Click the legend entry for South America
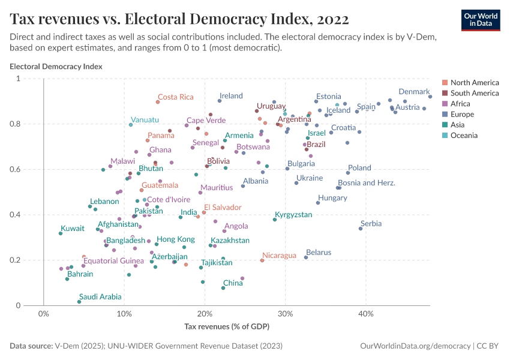(x=474, y=93)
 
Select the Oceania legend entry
(x=464, y=136)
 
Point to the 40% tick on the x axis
(x=366, y=313)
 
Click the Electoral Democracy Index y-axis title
(x=56, y=67)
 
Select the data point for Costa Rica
(x=158, y=102)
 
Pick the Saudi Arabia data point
(x=79, y=302)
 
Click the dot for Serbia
(x=361, y=229)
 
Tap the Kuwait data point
(x=61, y=233)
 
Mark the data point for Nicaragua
(x=262, y=260)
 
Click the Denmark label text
(x=414, y=92)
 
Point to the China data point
(x=223, y=288)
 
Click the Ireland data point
(x=220, y=101)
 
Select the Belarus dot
(x=306, y=257)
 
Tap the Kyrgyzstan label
(x=293, y=214)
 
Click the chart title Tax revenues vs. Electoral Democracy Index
(x=179, y=19)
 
